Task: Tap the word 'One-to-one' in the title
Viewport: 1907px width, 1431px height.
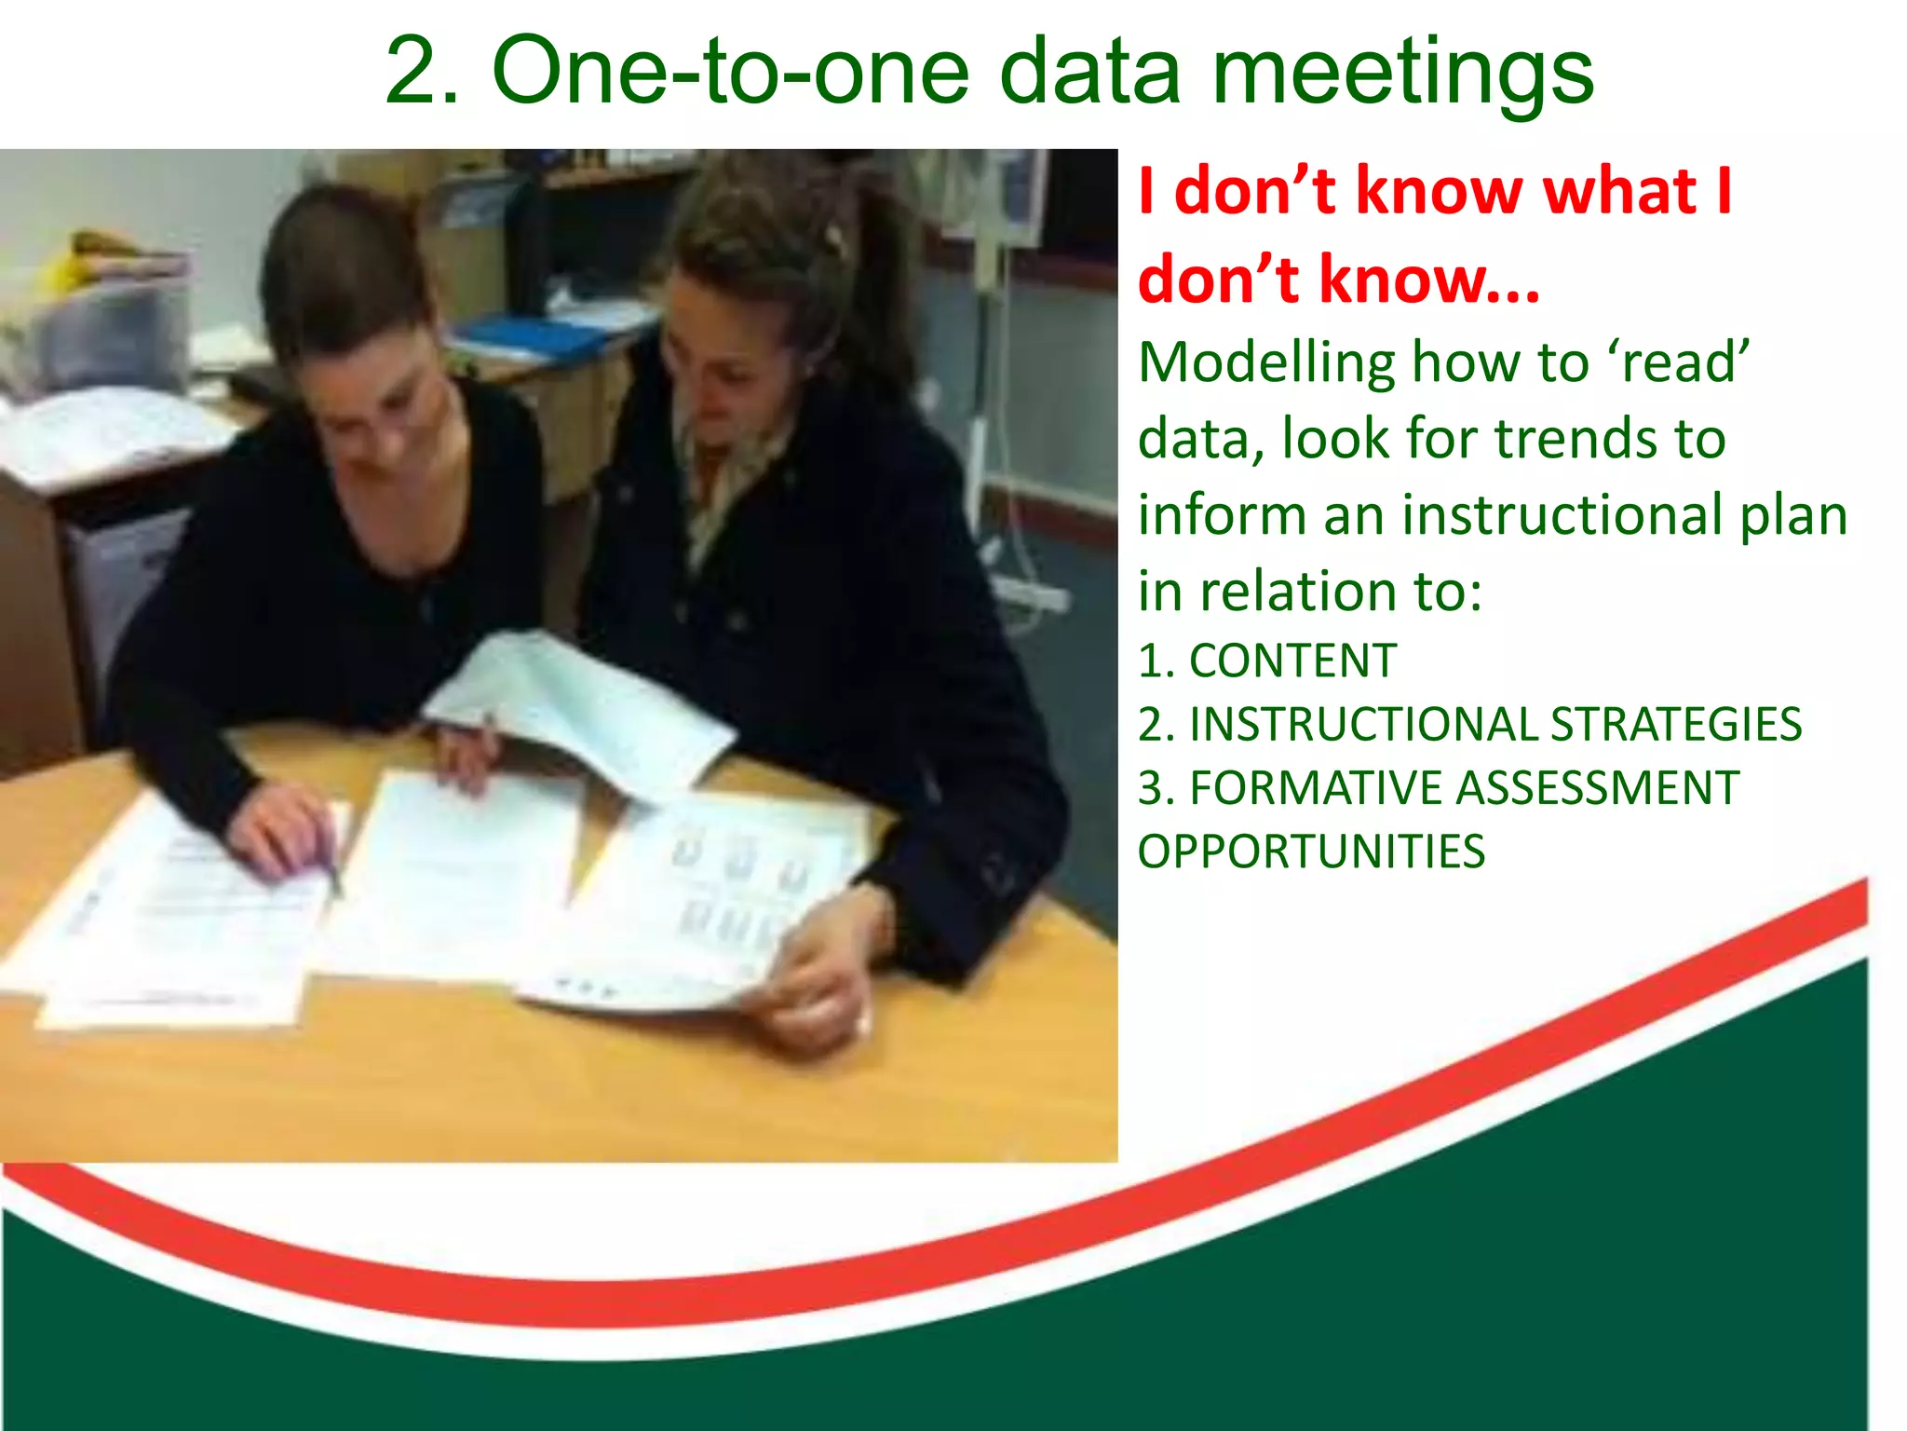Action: click(731, 73)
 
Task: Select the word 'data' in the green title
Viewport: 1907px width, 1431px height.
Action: click(1089, 73)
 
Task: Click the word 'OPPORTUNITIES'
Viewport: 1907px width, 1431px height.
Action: click(1311, 852)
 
